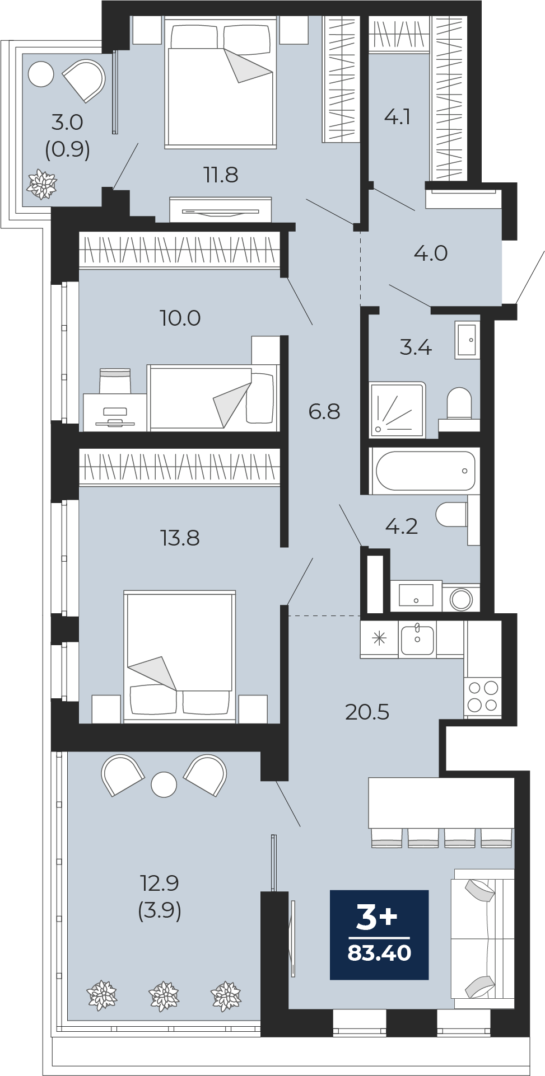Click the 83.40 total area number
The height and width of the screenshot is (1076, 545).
379,952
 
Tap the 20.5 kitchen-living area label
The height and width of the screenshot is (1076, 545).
367,712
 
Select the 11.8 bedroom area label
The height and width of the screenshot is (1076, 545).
221,175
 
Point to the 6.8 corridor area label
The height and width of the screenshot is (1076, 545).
324,411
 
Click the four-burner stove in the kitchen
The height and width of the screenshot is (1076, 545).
483,696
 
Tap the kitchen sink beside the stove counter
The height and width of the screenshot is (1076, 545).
417,640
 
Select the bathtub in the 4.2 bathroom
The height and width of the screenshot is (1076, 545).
425,471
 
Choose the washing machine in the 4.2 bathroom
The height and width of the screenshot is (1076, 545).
461,598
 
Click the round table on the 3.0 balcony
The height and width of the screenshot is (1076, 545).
41,74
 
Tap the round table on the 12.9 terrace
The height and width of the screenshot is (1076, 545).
164,784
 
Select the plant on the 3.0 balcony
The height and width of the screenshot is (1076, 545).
42,184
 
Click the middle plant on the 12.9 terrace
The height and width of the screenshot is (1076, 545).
164,997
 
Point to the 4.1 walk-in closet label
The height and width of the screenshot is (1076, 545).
398,117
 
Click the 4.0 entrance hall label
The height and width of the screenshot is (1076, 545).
431,253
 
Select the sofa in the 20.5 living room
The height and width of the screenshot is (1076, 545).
483,939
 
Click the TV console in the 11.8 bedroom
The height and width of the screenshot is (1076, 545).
221,210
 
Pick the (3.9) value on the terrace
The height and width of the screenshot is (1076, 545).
160,911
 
